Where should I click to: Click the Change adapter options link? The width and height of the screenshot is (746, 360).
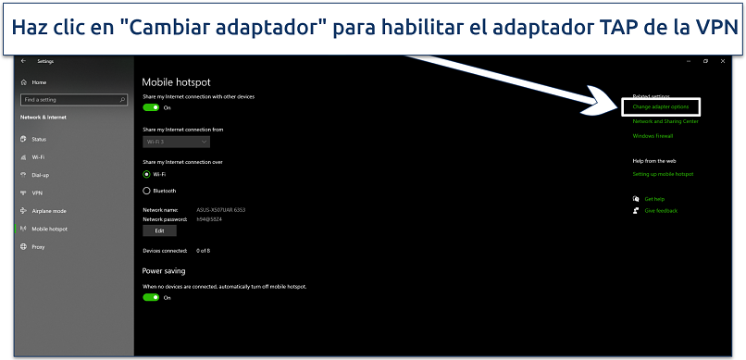[660, 107]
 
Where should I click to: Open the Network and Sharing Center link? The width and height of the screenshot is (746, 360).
[665, 121]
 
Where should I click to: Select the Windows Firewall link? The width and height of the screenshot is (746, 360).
[653, 136]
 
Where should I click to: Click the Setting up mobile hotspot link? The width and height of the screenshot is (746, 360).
[663, 174]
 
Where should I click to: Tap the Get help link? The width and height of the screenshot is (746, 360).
[653, 199]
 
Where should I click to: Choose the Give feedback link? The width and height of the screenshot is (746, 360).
[661, 211]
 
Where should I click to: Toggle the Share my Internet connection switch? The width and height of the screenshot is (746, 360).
[151, 107]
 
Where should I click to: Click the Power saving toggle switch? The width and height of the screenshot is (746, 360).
[151, 298]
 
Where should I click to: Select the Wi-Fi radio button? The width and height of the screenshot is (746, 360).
[146, 174]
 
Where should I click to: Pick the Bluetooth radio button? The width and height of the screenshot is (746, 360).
[146, 191]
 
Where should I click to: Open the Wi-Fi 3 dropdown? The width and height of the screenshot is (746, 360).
[176, 142]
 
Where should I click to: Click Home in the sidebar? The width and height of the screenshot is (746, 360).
[39, 82]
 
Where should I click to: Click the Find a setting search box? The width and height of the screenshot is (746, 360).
[74, 99]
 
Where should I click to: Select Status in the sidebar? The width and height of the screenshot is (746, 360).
[39, 140]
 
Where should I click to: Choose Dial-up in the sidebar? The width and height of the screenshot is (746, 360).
[41, 175]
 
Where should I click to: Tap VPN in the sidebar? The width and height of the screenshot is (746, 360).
[37, 192]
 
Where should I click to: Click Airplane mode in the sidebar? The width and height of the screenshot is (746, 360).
[48, 211]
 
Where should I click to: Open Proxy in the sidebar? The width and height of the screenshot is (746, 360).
[38, 247]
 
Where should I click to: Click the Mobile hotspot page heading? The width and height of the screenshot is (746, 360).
[176, 81]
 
